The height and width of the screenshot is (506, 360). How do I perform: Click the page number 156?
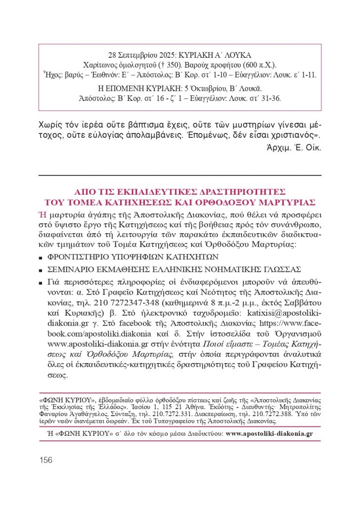[45, 460]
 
